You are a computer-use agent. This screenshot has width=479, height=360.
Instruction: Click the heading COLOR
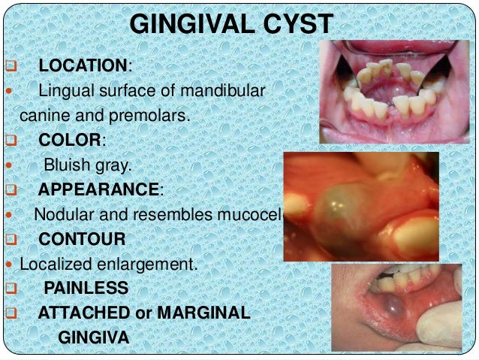69,140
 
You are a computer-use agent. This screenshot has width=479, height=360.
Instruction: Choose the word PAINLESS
86,288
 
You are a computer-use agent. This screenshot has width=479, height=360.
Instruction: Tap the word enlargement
152,265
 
